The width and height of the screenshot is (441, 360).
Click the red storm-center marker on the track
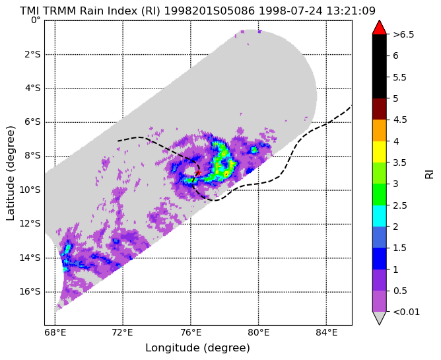click(198, 172)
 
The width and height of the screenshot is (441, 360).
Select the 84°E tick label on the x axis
click(327, 333)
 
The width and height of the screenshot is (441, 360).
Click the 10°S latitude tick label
click(30, 190)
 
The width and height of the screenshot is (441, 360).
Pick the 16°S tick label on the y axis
click(30, 291)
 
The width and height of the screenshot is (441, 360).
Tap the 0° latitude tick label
click(36, 20)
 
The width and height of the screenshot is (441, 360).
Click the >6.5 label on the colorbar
click(403, 34)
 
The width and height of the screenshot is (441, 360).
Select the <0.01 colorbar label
click(407, 312)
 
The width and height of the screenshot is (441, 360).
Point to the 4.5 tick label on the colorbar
click(400, 120)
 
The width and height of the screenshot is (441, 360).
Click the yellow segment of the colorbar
click(379, 152)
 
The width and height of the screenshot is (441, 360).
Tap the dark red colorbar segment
click(379, 109)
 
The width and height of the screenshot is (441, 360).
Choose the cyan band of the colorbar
click(379, 216)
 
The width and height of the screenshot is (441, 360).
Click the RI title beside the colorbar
click(429, 173)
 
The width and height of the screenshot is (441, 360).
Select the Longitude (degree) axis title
click(197, 348)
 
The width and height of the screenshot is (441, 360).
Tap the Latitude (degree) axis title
click(10, 173)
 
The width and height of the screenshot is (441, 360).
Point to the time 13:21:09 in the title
click(351, 11)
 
